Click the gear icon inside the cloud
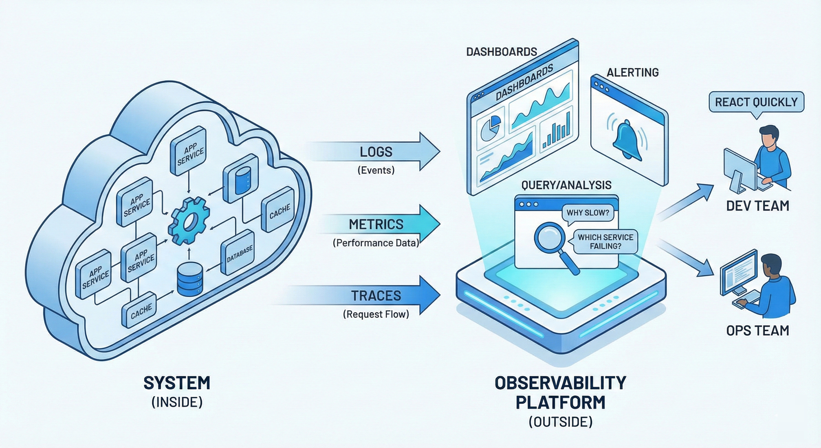pos(189,221)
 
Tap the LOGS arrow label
pos(376,152)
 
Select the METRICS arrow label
pos(376,225)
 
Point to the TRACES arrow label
pos(376,296)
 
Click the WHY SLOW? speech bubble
pos(588,213)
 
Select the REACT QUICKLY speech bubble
pos(756,102)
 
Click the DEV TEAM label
pos(757,206)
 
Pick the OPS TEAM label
pos(757,331)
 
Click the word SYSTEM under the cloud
pos(177,383)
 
